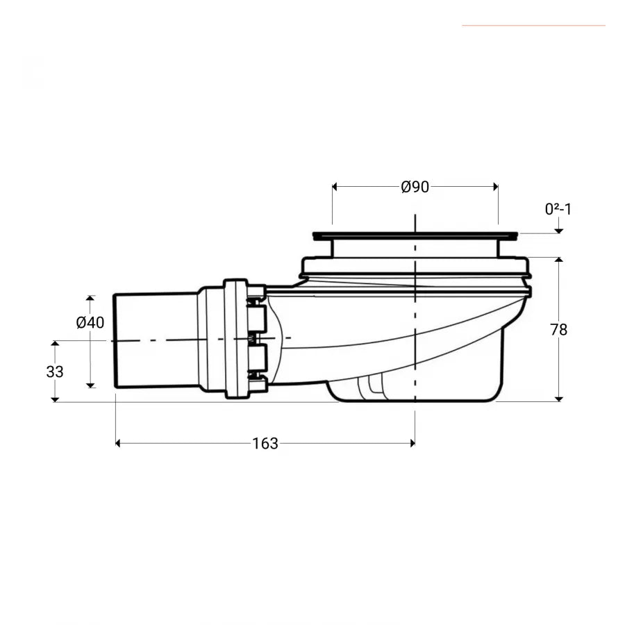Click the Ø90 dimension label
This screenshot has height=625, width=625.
415,187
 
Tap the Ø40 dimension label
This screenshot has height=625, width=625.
90,322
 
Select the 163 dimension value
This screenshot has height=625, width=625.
265,443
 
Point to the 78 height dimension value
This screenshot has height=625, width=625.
558,330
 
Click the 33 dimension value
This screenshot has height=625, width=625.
55,372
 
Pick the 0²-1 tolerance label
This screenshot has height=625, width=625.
558,209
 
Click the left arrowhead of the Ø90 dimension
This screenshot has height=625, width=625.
335,187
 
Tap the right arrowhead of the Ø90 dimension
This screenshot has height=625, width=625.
495,187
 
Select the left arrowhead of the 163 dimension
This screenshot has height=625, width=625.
118,443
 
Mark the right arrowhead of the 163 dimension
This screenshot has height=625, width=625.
412,443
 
